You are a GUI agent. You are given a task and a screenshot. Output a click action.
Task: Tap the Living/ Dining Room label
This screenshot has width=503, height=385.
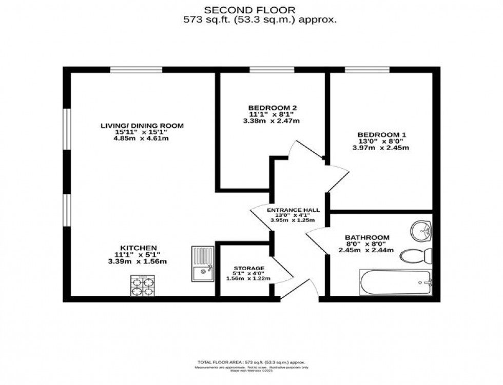pos(142,126)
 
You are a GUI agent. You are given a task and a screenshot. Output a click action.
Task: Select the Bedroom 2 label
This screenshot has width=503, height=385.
pos(273,108)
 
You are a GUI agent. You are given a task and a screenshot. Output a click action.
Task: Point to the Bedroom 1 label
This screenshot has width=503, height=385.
pos(383,135)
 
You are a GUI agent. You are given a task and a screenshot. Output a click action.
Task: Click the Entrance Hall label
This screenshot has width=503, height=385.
pos(293,210)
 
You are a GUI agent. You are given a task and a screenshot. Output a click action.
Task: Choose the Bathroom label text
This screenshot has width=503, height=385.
pos(366,237)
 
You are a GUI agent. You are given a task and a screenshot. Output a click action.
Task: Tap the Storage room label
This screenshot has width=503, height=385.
pos(249,268)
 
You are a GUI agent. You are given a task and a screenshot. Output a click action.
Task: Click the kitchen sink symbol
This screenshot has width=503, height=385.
pos(204,264)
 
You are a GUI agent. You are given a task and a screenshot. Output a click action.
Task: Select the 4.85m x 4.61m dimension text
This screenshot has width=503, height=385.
pos(142,138)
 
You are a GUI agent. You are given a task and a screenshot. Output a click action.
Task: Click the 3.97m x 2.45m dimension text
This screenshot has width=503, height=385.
pos(383,148)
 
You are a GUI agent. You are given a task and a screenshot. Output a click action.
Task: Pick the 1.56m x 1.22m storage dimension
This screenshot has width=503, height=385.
pos(249,278)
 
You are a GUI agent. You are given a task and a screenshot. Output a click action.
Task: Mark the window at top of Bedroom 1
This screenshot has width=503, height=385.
pos(367,70)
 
